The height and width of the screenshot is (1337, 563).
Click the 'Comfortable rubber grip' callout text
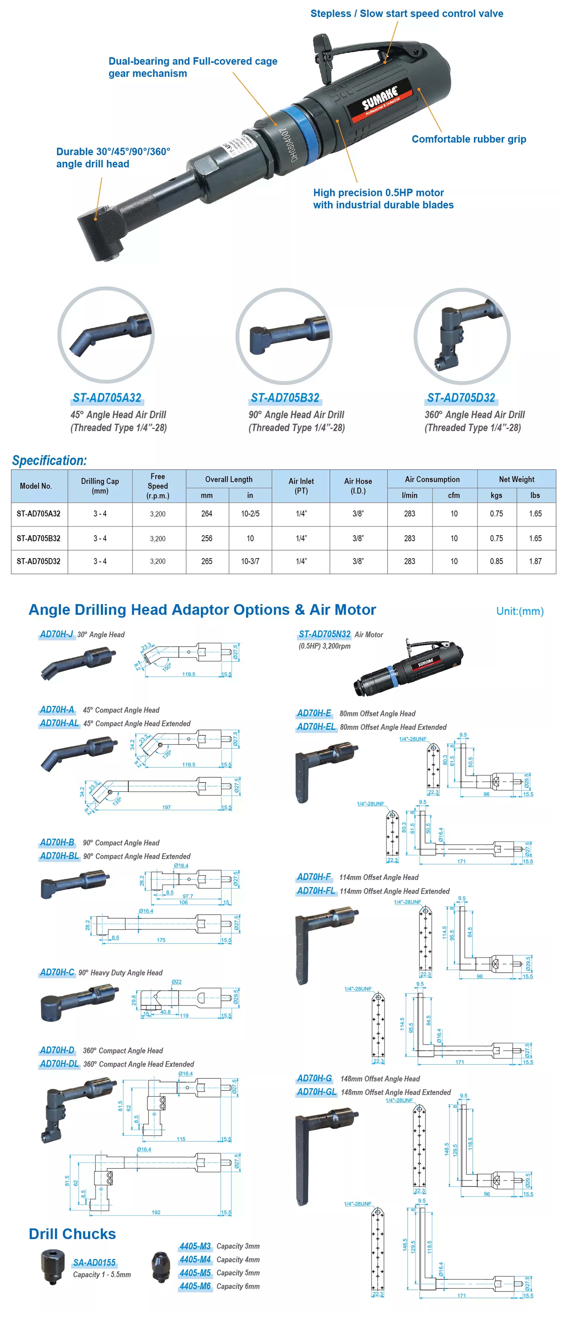coord(468,139)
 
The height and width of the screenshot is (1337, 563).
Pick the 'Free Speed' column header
coord(158,486)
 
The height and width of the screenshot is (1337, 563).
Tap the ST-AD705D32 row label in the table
coord(38,561)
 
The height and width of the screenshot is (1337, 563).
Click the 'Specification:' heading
coord(49,460)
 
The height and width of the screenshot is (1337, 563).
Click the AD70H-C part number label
coord(57,972)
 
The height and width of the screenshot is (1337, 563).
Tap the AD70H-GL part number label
coord(316,1092)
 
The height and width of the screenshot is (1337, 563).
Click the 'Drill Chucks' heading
coord(72,1234)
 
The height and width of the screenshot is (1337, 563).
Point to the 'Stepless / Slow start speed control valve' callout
coord(407,13)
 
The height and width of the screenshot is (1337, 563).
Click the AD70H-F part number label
coord(314,877)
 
